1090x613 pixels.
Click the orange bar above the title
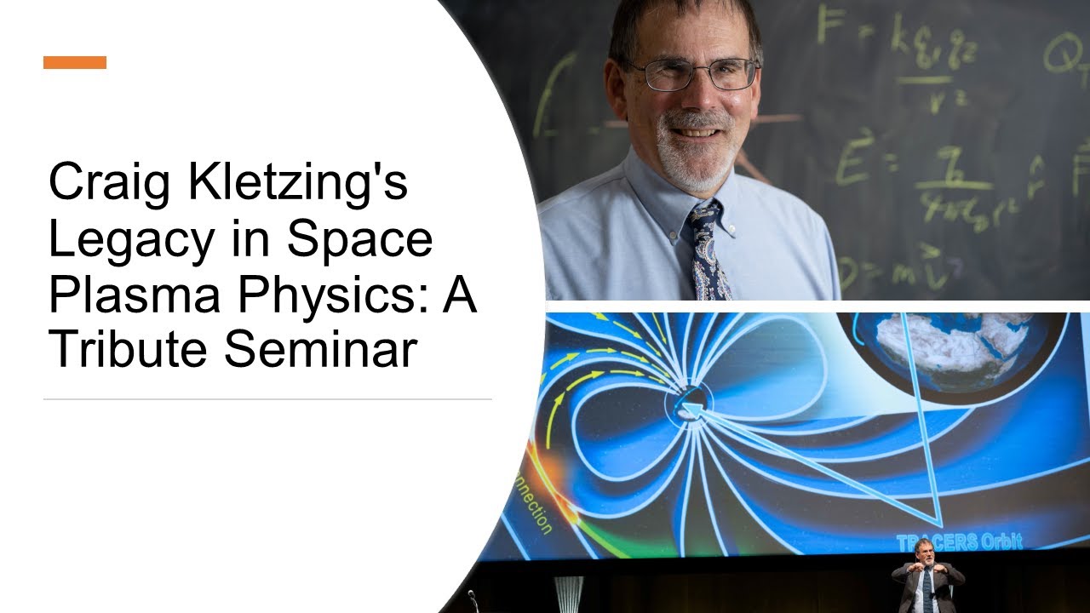[75, 62]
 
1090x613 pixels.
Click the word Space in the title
[359, 240]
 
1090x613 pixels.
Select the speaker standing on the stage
[927, 579]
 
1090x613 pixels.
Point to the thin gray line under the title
[267, 398]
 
